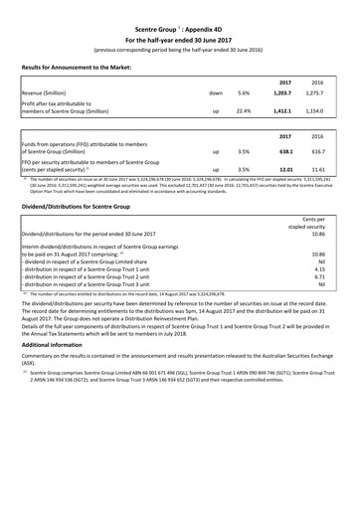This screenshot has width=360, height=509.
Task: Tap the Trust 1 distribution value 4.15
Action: [x=321, y=268]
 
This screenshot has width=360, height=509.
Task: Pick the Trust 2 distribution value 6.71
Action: [x=321, y=277]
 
